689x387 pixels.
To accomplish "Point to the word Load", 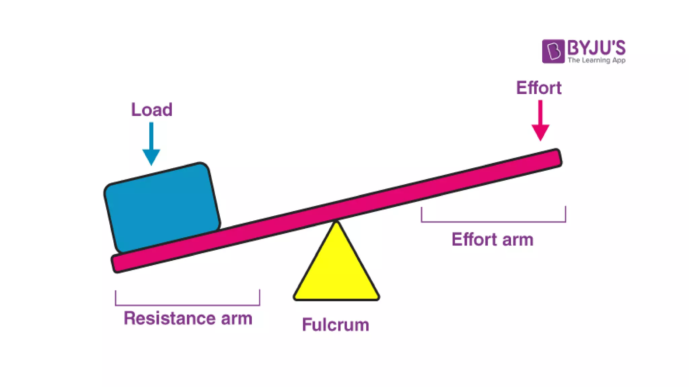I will pos(151,110).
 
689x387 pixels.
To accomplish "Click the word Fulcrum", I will pos(335,325).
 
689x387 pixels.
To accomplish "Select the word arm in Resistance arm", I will pos(237,318).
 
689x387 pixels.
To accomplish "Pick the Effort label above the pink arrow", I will pos(539,88).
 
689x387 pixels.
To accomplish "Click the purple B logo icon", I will pos(553,51).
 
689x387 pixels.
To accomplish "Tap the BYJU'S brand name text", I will pos(596,48).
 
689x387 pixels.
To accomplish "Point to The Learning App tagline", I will pos(596,60).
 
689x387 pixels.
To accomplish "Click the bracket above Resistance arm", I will pos(187,304).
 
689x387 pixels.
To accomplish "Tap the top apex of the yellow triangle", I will pos(336,223).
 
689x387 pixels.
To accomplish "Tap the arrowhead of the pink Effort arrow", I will pos(540,132).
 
